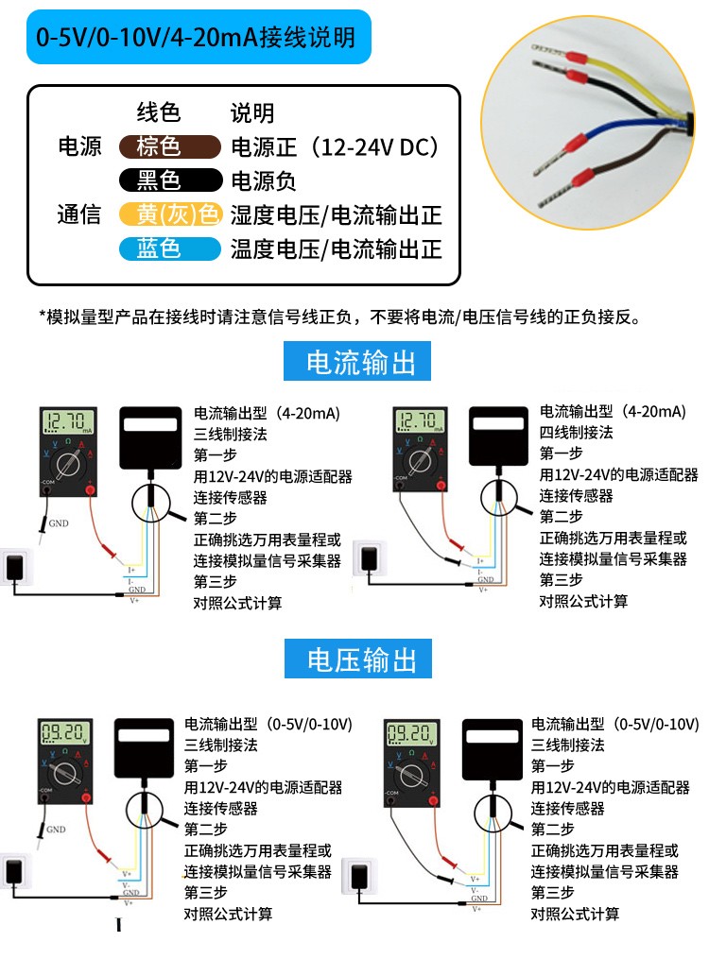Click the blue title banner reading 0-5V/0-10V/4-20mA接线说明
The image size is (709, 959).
tap(197, 38)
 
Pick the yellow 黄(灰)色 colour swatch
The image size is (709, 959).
tap(170, 214)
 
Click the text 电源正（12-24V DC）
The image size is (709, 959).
tap(336, 146)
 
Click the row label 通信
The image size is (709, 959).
tap(79, 214)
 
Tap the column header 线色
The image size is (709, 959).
tap(159, 112)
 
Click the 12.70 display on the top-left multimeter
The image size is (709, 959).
tap(69, 421)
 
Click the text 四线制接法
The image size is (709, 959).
tap(576, 433)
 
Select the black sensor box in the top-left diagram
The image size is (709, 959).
tap(150, 438)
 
